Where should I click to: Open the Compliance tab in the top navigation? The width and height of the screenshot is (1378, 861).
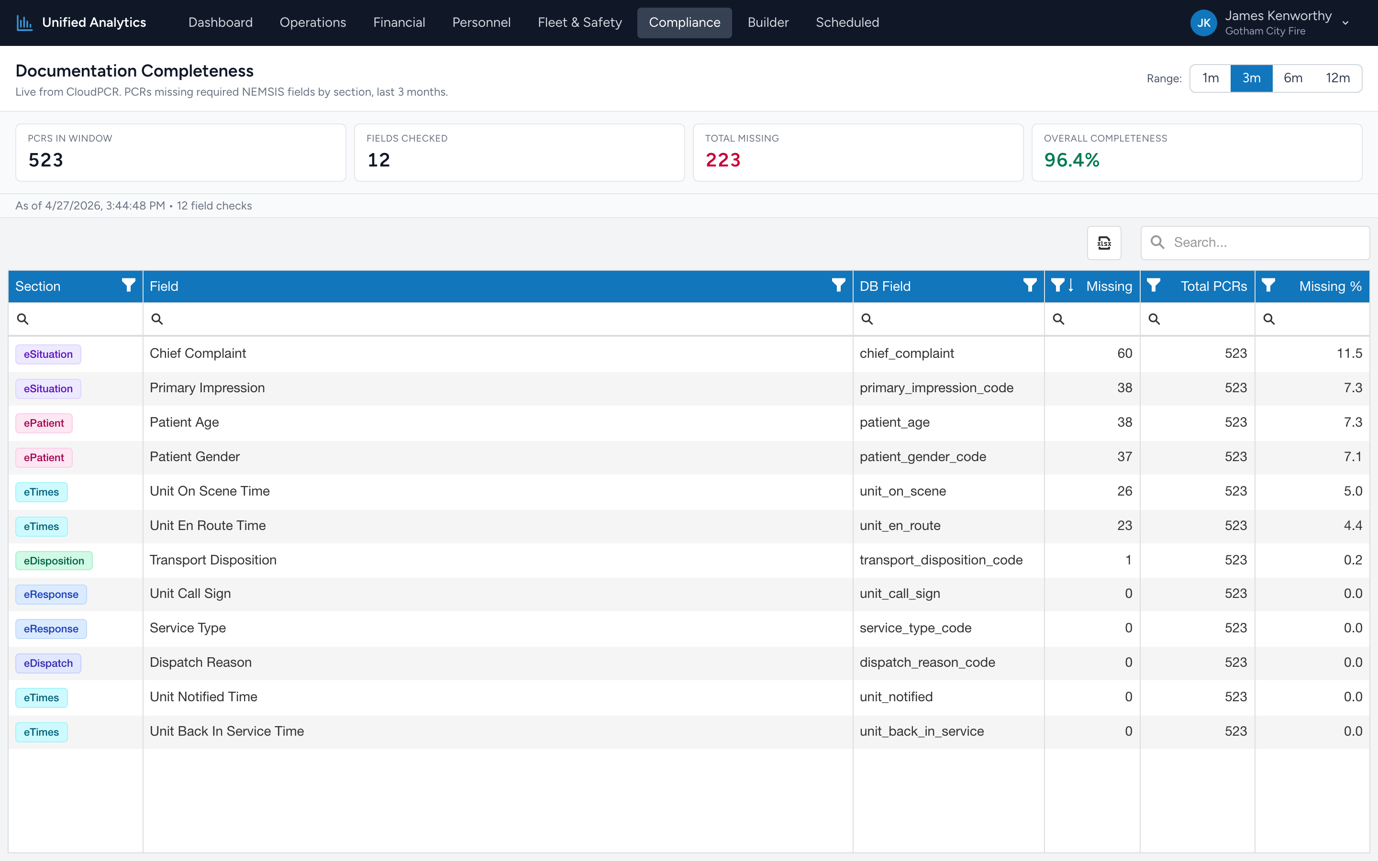pyautogui.click(x=684, y=23)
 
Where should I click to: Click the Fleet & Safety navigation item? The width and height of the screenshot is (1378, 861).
pyautogui.click(x=580, y=23)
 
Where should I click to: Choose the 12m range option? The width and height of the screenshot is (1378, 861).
pyautogui.click(x=1338, y=78)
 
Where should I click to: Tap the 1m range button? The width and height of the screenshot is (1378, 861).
pyautogui.click(x=1211, y=78)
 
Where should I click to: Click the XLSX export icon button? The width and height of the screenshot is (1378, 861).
pyautogui.click(x=1104, y=243)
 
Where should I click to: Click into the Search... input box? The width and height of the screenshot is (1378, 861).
pyautogui.click(x=1255, y=243)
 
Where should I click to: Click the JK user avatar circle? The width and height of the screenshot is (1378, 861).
pyautogui.click(x=1204, y=23)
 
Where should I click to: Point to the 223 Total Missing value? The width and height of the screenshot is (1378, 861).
pyautogui.click(x=723, y=160)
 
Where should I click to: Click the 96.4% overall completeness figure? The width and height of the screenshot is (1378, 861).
pyautogui.click(x=1072, y=160)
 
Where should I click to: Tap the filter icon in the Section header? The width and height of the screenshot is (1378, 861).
pyautogui.click(x=129, y=285)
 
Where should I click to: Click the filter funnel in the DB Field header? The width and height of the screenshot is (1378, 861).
pyautogui.click(x=1030, y=285)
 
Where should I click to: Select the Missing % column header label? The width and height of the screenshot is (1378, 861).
pyautogui.click(x=1330, y=287)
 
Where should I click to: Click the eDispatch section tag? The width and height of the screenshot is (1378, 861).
pyautogui.click(x=48, y=663)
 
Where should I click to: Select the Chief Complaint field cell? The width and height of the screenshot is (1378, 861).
pyautogui.click(x=198, y=353)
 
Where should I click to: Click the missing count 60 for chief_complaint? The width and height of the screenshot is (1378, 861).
pyautogui.click(x=1124, y=353)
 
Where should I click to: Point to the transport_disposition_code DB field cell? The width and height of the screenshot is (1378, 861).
pyautogui.click(x=941, y=560)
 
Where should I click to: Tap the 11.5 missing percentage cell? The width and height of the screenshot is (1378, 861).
pyautogui.click(x=1349, y=353)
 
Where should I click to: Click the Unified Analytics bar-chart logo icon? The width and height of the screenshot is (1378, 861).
pyautogui.click(x=24, y=23)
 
